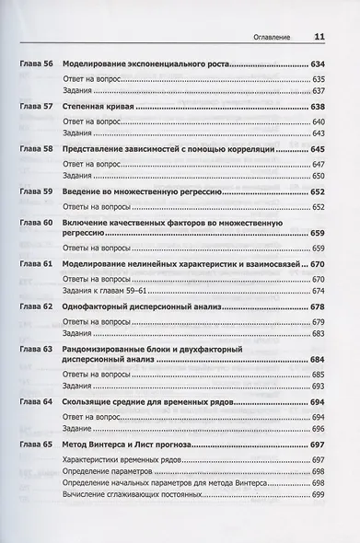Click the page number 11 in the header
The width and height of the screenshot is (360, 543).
pyautogui.click(x=320, y=37)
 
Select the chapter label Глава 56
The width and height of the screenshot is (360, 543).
pyautogui.click(x=36, y=66)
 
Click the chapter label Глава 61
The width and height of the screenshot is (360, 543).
pyautogui.click(x=36, y=264)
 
